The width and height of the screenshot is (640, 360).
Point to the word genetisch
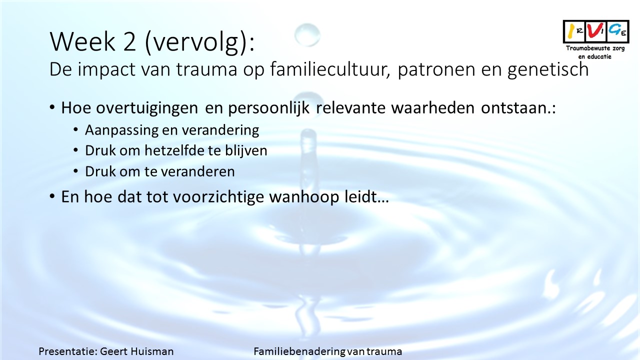pos(548,70)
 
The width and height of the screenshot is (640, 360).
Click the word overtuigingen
pos(147,108)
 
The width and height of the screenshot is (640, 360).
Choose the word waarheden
pos(432,108)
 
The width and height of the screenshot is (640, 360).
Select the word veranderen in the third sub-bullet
pos(198,171)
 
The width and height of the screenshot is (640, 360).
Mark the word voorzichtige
pos(219,197)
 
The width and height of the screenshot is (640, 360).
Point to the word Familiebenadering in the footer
pos(299,351)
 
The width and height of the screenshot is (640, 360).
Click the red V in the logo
pos(595,31)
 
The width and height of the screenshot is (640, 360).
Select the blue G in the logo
pos(614,29)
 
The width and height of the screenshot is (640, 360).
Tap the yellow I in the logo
pos(571,31)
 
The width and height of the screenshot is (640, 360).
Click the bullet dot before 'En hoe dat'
pos(52,196)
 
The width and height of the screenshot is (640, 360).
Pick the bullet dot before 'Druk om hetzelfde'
pos(75,150)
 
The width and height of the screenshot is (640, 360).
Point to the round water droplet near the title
pos(307,35)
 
